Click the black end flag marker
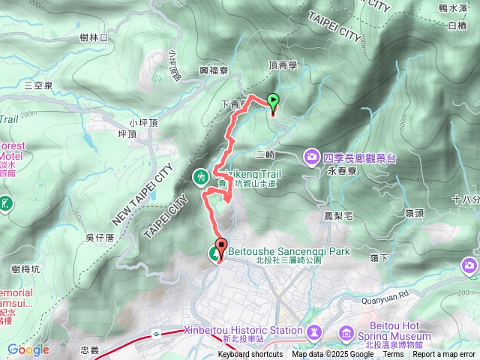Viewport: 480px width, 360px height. (221, 246)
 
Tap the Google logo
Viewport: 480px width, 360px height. (28, 349)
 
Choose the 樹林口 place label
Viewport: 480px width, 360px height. (94, 37)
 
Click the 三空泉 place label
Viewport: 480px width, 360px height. (38, 85)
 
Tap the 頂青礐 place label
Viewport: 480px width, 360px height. (283, 66)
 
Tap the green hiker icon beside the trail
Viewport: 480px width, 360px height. (201, 178)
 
